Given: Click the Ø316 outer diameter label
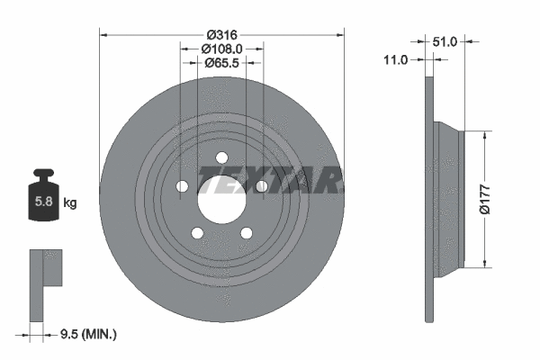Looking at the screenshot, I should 220,34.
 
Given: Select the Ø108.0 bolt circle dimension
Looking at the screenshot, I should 220,49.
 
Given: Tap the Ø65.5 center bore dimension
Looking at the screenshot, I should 220,63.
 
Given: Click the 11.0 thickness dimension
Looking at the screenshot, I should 395,59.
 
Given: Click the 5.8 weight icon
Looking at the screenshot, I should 42,199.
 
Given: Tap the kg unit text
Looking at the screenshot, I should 69,203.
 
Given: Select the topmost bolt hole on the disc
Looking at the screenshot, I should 220,158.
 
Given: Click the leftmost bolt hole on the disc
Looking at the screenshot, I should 182,186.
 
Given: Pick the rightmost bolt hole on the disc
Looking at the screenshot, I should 260,186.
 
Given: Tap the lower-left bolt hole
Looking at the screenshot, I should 196,232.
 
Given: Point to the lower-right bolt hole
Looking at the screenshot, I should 245,232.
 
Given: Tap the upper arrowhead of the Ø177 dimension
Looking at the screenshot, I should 486,135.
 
